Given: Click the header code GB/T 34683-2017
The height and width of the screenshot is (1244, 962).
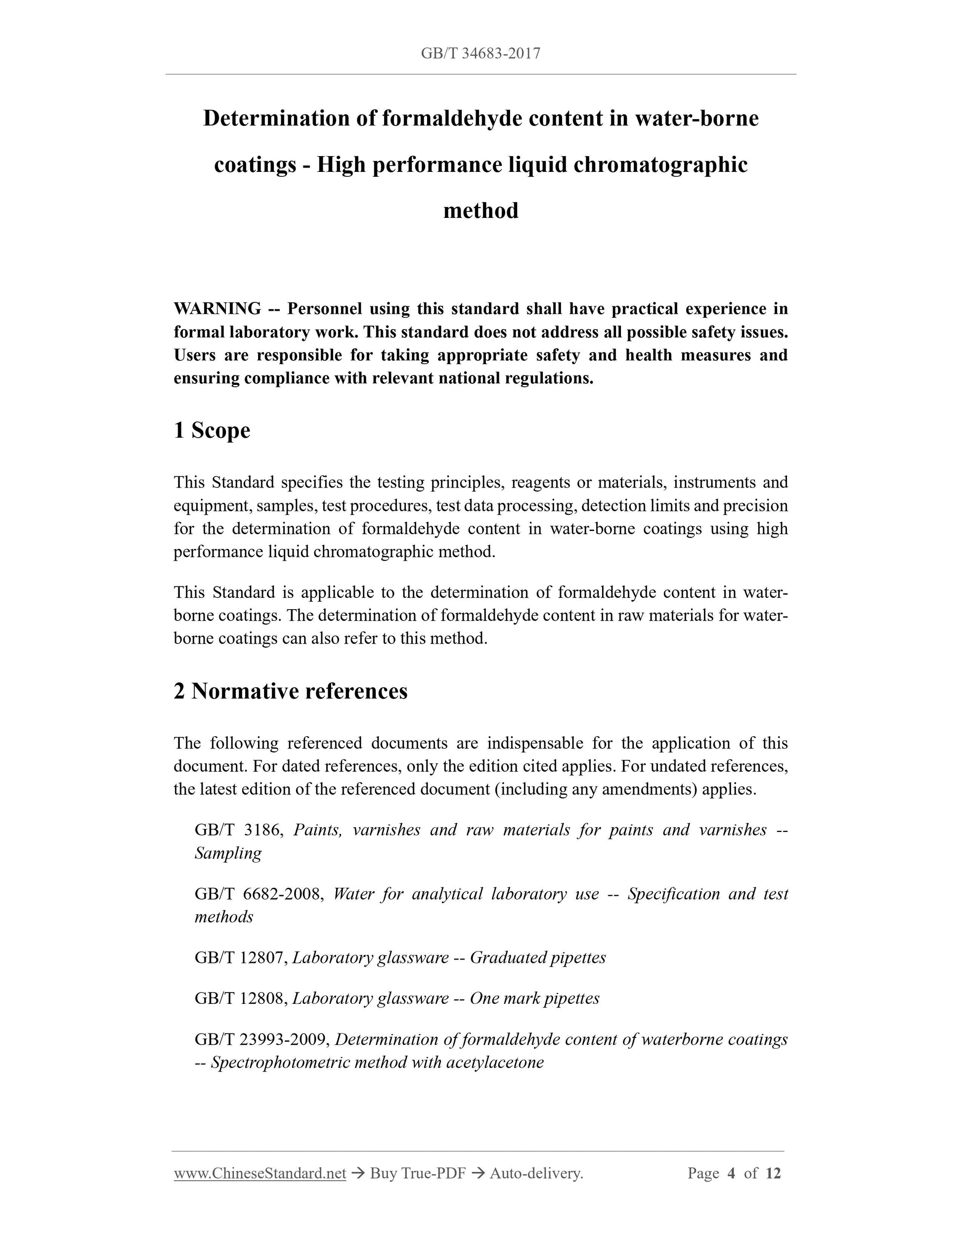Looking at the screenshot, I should [x=481, y=53].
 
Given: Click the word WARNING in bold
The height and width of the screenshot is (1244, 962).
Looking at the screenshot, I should [x=217, y=309].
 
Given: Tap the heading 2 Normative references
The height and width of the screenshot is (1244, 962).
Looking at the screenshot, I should [x=291, y=691].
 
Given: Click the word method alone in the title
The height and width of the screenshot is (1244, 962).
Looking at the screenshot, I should [x=481, y=211].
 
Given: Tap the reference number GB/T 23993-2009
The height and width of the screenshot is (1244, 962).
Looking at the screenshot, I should [x=262, y=1039].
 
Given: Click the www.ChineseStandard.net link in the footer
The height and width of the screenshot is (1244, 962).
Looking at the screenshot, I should [x=260, y=1173].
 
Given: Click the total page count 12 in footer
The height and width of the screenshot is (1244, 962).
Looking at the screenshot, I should [x=773, y=1173].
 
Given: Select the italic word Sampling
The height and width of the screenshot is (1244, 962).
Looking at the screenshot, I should [x=228, y=853].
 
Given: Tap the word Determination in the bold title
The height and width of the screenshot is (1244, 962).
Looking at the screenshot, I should [x=276, y=119].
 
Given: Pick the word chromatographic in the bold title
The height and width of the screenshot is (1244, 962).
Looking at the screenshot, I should [x=660, y=165].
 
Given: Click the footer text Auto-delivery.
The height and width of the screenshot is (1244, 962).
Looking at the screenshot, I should [x=536, y=1173].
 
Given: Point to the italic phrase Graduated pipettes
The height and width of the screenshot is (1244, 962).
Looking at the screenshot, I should [x=537, y=957].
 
